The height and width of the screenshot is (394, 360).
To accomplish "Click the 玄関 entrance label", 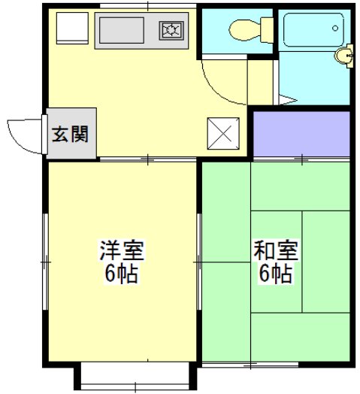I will pos(71,135).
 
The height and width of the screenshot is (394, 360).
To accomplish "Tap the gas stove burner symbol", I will pos(171,31).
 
